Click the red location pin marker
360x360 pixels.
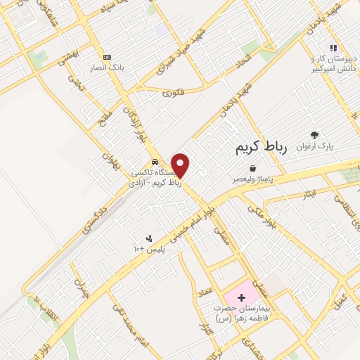tap(181, 165)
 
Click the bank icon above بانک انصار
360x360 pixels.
tap(107, 57)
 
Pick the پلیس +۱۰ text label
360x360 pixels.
tap(148, 250)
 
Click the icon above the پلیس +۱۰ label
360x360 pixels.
tap(148, 239)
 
